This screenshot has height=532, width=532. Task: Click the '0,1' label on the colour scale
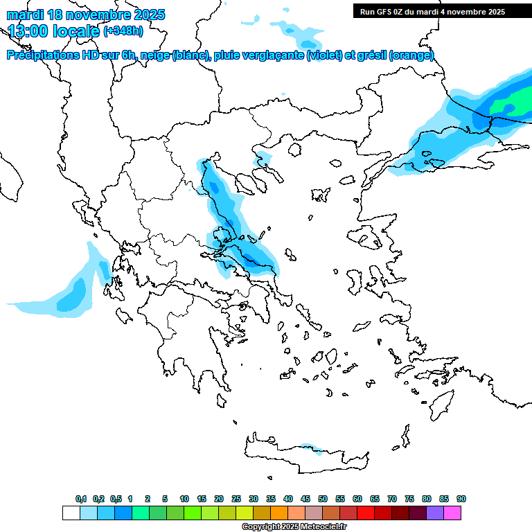coord(81,499)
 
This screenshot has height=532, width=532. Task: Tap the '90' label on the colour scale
coord(461,499)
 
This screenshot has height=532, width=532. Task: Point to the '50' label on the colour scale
coord(323,499)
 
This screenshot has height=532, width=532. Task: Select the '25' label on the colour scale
coord(236,499)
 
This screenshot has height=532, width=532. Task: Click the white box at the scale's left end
coord(71,513)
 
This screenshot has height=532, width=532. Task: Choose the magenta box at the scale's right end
coord(452,513)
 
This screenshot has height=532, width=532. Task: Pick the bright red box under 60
coord(366,513)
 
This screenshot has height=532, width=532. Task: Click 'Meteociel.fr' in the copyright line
coord(323,526)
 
